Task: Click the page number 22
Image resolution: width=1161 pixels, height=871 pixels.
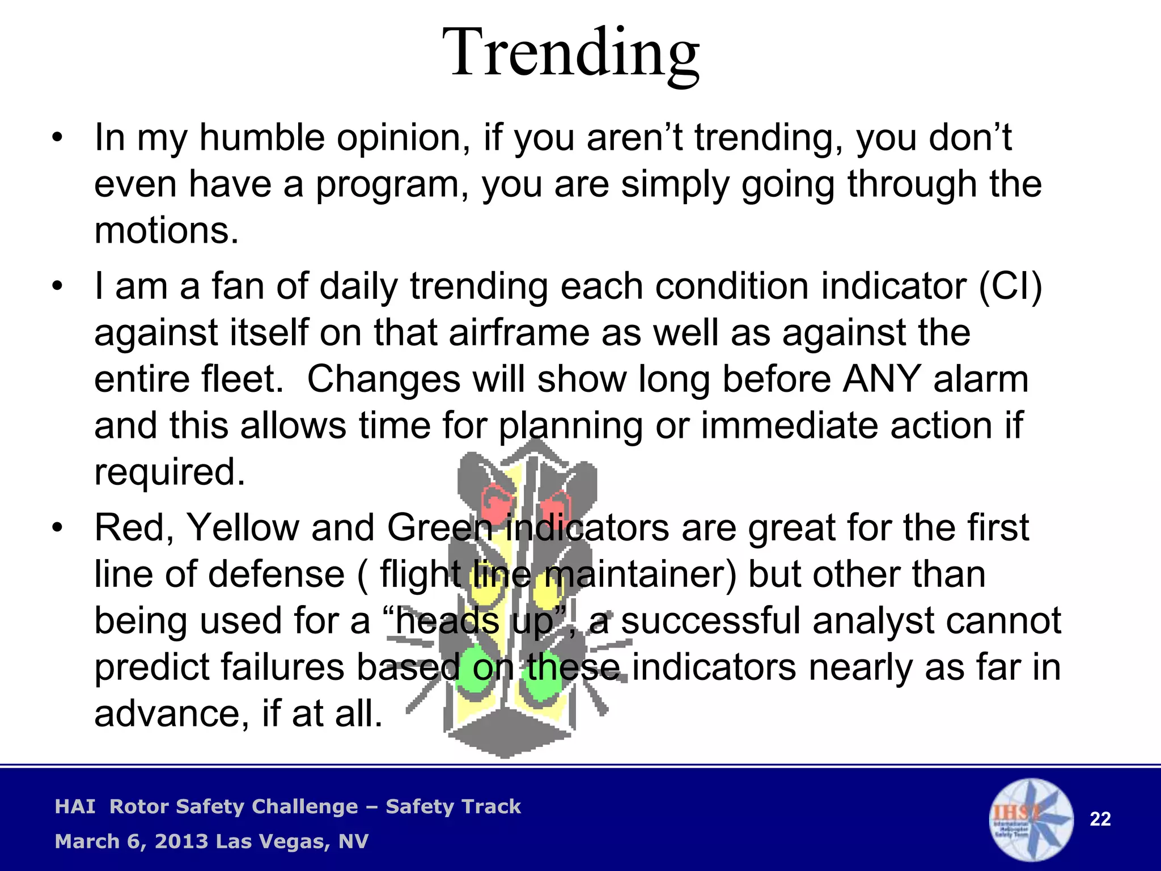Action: click(1100, 819)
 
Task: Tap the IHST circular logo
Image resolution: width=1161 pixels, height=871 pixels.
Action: click(1031, 819)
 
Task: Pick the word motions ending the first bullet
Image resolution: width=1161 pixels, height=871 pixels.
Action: click(166, 231)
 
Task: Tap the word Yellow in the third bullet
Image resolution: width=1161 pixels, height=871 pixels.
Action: click(243, 528)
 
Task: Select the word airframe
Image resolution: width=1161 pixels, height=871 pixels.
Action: click(519, 333)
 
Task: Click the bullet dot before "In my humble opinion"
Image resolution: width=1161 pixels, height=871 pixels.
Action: click(57, 138)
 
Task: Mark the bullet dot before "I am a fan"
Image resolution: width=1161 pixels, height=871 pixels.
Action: click(57, 286)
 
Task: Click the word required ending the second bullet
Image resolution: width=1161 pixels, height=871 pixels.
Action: click(170, 472)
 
